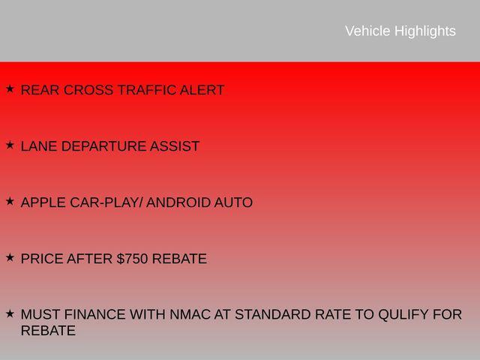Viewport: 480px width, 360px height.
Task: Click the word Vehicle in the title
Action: (x=367, y=31)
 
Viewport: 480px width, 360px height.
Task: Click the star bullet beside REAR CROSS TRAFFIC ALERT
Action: (x=10, y=89)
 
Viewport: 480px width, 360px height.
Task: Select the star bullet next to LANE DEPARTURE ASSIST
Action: (x=10, y=145)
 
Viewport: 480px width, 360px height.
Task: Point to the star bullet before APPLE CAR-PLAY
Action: (x=10, y=201)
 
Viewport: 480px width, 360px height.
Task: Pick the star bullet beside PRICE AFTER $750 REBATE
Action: (x=10, y=257)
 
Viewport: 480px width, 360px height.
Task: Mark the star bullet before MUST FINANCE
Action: (x=10, y=313)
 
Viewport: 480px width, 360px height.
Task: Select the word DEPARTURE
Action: (x=103, y=147)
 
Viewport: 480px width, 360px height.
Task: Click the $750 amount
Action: (x=132, y=259)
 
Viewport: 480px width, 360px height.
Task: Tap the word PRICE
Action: (x=41, y=259)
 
